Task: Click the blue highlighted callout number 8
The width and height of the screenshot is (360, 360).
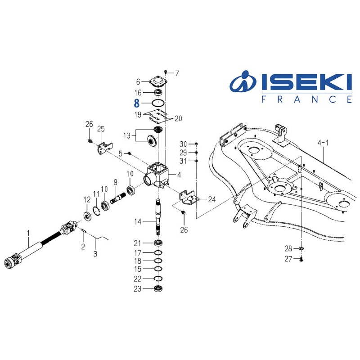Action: click(137, 103)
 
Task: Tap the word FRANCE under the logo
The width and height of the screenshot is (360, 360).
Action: click(306, 99)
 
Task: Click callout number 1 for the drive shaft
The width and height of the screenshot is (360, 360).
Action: click(28, 233)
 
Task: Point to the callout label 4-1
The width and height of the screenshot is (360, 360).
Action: click(323, 143)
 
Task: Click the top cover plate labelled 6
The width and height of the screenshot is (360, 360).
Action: click(157, 82)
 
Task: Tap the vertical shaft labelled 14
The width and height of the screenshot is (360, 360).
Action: click(158, 218)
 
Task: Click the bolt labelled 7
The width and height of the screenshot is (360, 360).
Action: click(166, 72)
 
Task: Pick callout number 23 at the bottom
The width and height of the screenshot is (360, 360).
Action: click(138, 288)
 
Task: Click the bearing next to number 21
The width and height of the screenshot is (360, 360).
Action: click(158, 243)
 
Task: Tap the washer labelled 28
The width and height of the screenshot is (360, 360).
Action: click(301, 248)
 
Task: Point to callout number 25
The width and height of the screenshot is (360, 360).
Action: click(101, 129)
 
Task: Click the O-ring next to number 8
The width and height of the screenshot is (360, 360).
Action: click(157, 103)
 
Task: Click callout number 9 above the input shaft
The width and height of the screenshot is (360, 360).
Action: click(115, 182)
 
